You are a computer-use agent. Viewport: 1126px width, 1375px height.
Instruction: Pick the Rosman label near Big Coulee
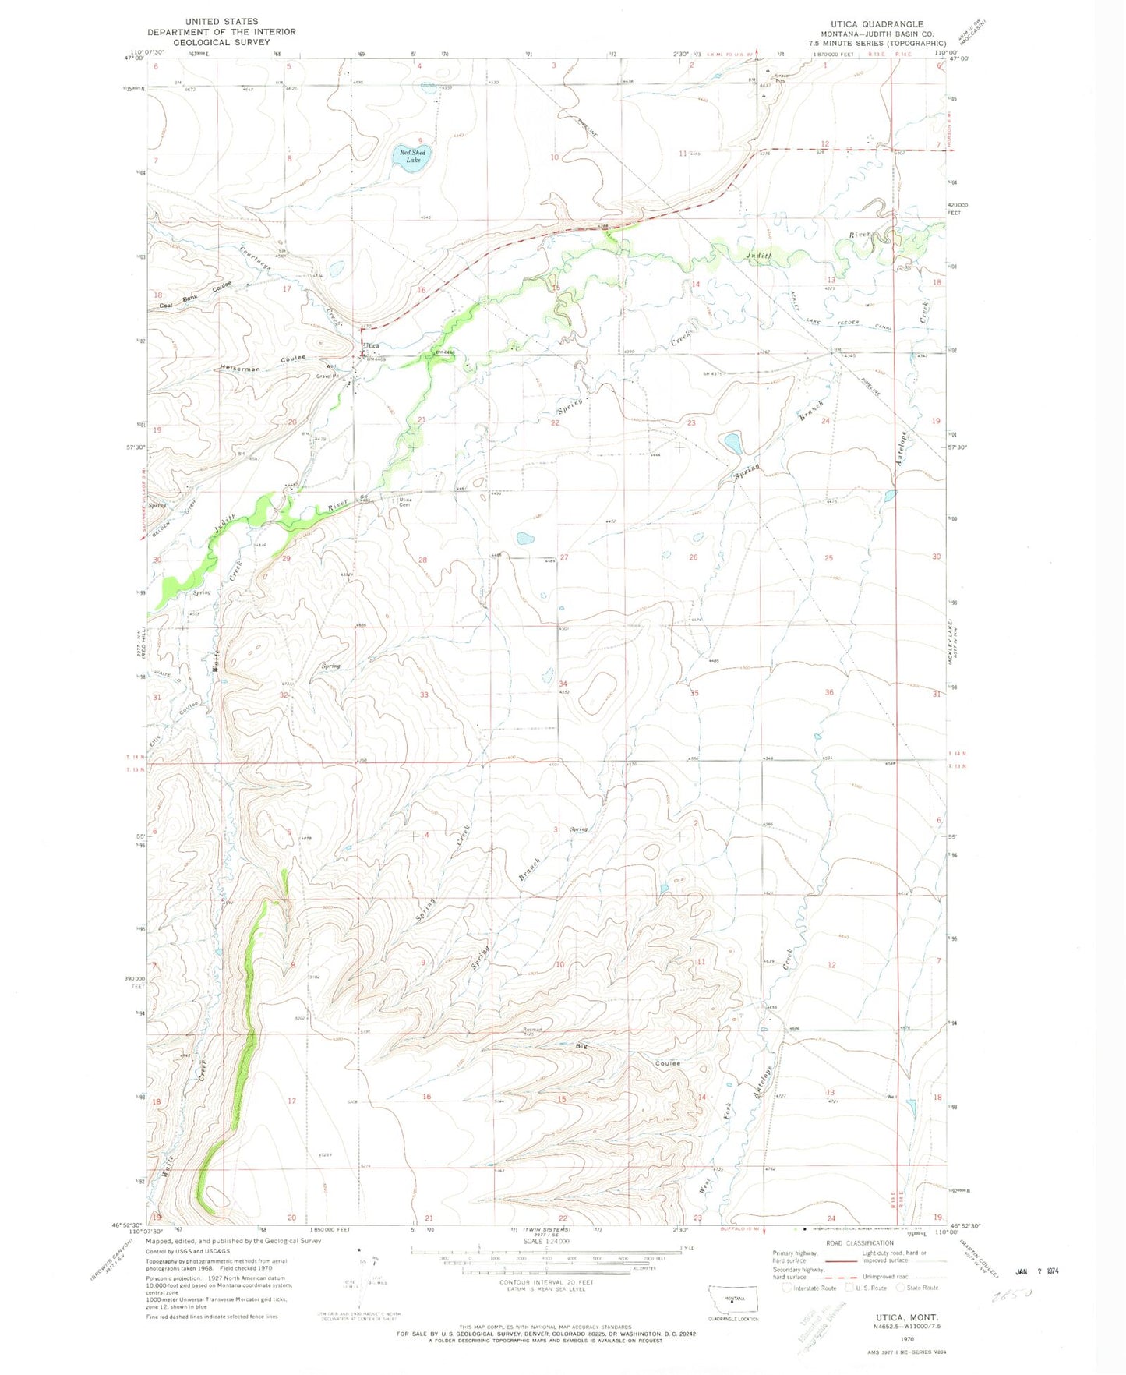pos(532,1030)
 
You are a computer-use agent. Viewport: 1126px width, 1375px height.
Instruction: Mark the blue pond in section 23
pos(733,444)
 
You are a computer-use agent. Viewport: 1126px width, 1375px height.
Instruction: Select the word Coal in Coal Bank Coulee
pos(166,305)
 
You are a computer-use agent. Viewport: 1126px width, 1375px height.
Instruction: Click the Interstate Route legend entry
pos(810,1288)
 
